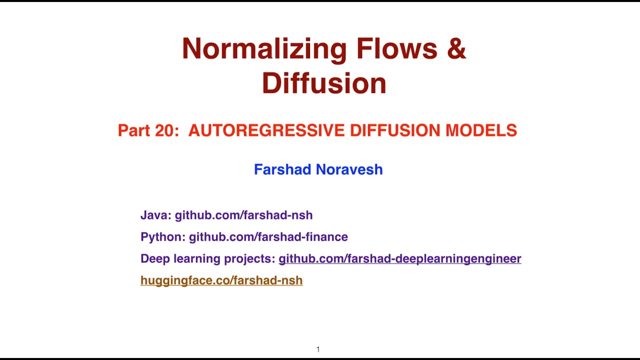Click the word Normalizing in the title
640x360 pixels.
[x=263, y=49]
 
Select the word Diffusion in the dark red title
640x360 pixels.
[x=324, y=83]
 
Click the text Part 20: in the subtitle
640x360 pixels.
[x=148, y=130]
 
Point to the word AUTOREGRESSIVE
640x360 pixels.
[x=266, y=130]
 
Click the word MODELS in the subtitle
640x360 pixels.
[x=481, y=130]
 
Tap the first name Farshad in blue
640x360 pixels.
[x=283, y=169]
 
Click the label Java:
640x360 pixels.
[x=156, y=215]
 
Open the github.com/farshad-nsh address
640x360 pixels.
[x=243, y=215]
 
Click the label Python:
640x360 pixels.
[x=163, y=236]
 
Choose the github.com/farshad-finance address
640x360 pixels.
[x=268, y=236]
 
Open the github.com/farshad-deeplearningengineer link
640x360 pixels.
[x=399, y=258]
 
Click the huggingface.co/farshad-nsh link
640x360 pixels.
[x=221, y=280]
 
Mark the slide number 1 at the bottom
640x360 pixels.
[x=318, y=349]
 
